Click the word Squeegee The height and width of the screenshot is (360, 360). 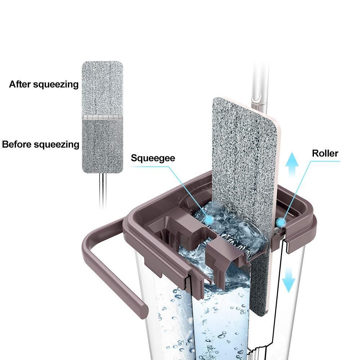click(x=153, y=158)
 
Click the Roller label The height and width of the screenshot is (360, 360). click(x=325, y=153)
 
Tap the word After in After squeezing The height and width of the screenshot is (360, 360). click(x=21, y=85)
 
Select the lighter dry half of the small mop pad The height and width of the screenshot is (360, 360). click(x=102, y=88)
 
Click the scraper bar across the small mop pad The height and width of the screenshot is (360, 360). click(x=102, y=117)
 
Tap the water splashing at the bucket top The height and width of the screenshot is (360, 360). click(x=216, y=223)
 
